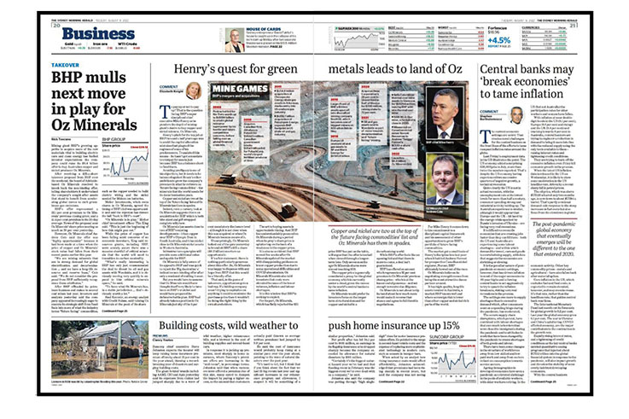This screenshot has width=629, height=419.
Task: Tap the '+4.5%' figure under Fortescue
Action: tap(499, 39)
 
